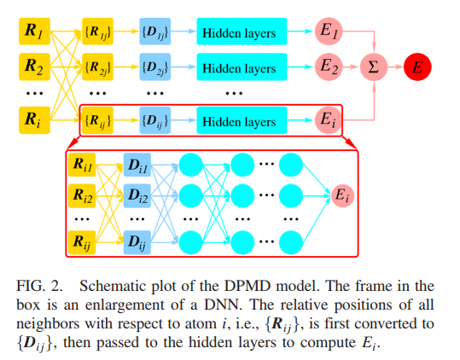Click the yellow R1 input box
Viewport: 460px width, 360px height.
pyautogui.click(x=33, y=32)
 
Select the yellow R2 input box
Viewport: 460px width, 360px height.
pyautogui.click(x=33, y=65)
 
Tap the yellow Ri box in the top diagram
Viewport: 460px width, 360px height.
pyautogui.click(x=33, y=119)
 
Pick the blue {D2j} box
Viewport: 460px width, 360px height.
pyautogui.click(x=155, y=65)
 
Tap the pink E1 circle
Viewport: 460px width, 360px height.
pyautogui.click(x=329, y=33)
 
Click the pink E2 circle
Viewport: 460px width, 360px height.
pyautogui.click(x=329, y=65)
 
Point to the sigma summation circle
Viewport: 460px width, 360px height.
pyautogui.click(x=372, y=65)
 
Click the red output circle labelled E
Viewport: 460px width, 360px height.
pyautogui.click(x=417, y=65)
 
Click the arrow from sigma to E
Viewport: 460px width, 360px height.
pyautogui.click(x=394, y=65)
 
